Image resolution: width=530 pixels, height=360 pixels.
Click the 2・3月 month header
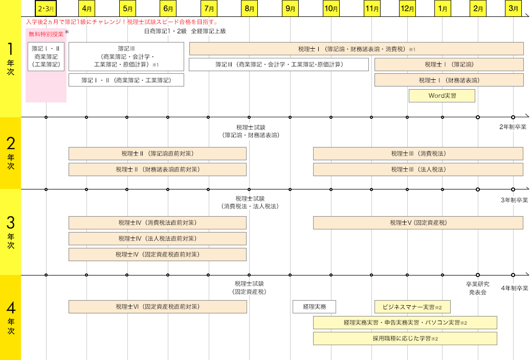[46, 8]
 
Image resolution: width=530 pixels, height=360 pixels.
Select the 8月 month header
[250, 8]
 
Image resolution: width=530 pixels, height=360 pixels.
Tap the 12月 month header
[408, 8]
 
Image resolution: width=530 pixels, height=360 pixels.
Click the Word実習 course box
[442, 96]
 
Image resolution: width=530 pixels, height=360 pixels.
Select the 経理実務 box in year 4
[314, 307]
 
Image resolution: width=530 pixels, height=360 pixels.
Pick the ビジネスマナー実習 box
[412, 307]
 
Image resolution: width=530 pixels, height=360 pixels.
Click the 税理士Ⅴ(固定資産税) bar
[418, 223]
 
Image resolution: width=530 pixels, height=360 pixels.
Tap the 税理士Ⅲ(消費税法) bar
[418, 154]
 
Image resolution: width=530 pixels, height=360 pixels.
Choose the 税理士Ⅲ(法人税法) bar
[418, 170]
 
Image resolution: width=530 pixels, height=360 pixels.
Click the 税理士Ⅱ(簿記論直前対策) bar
[158, 154]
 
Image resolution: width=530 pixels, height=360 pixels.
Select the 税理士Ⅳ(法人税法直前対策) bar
[158, 239]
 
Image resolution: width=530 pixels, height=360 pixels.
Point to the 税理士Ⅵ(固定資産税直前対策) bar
[158, 307]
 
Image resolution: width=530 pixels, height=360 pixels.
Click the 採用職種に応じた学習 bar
[405, 338]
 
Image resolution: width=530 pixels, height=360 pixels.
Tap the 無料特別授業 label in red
[46, 34]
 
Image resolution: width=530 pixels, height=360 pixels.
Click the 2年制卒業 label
[514, 126]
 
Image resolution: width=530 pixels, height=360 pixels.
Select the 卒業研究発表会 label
[477, 288]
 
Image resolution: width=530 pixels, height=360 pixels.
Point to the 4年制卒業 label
[514, 288]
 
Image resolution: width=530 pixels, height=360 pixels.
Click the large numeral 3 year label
[10, 223]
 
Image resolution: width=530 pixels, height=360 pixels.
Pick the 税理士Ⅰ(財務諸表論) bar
[449, 80]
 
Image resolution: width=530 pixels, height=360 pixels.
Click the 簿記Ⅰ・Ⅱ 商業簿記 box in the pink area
[46, 56]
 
